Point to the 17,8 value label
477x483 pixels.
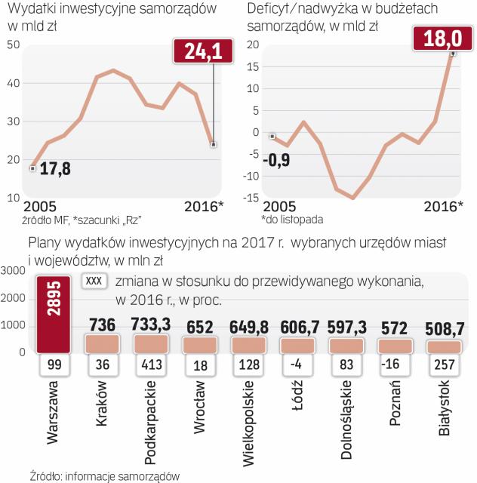click(x=54, y=169)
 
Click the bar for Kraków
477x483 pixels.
click(x=101, y=343)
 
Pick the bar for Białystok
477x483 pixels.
click(x=445, y=346)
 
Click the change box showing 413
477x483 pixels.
click(x=150, y=366)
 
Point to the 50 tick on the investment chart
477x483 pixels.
click(x=12, y=45)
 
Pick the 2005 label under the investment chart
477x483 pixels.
click(x=39, y=207)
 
